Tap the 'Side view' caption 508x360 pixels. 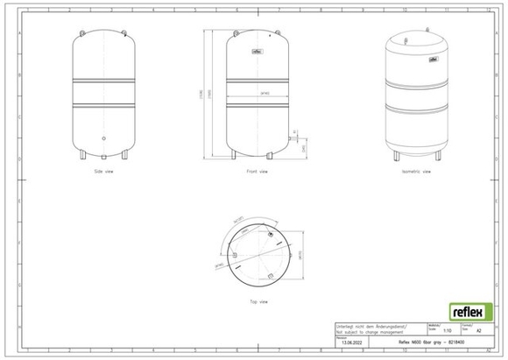(x=104, y=172)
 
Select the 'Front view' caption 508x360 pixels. (x=258, y=172)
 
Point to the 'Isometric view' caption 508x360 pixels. (x=414, y=172)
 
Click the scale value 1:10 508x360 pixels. (x=447, y=331)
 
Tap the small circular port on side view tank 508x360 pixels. (x=104, y=138)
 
